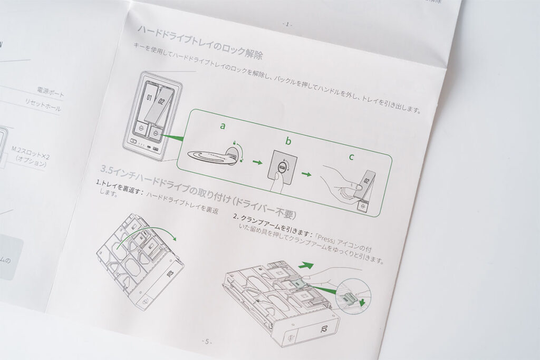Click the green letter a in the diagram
223,126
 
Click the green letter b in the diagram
288,141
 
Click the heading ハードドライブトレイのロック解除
200,42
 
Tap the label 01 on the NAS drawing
149,98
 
